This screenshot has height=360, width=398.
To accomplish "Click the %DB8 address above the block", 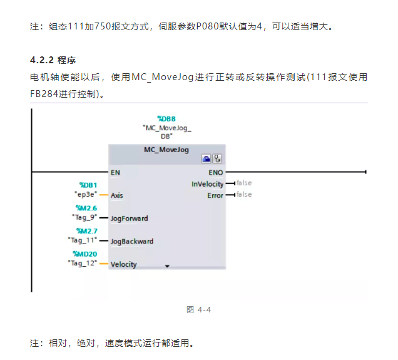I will coord(166,118).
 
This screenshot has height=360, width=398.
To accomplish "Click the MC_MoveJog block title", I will coord(166,150).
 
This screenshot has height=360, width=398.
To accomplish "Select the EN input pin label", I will coord(115,172).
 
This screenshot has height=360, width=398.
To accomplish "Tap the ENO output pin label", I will coord(215,172).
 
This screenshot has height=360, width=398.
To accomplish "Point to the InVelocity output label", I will coord(207,184).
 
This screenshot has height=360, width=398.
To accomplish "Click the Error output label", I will coord(215,195).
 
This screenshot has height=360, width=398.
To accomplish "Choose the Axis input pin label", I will coord(117,195).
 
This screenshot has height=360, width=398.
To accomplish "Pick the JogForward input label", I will coord(129,219).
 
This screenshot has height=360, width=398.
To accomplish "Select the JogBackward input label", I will coord(131,241).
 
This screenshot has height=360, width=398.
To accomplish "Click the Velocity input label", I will coord(123,264).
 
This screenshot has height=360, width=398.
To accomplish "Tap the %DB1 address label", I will coord(88,185).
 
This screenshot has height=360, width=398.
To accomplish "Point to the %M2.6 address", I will coord(86,208).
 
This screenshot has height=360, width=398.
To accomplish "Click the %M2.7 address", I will coord(86,231).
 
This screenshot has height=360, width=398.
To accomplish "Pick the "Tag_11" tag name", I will coord(83,240).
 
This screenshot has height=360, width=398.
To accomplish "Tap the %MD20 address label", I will coord(85,254).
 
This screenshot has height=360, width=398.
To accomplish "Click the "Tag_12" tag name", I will coord(83,263).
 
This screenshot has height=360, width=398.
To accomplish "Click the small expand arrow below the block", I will coord(167,266).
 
